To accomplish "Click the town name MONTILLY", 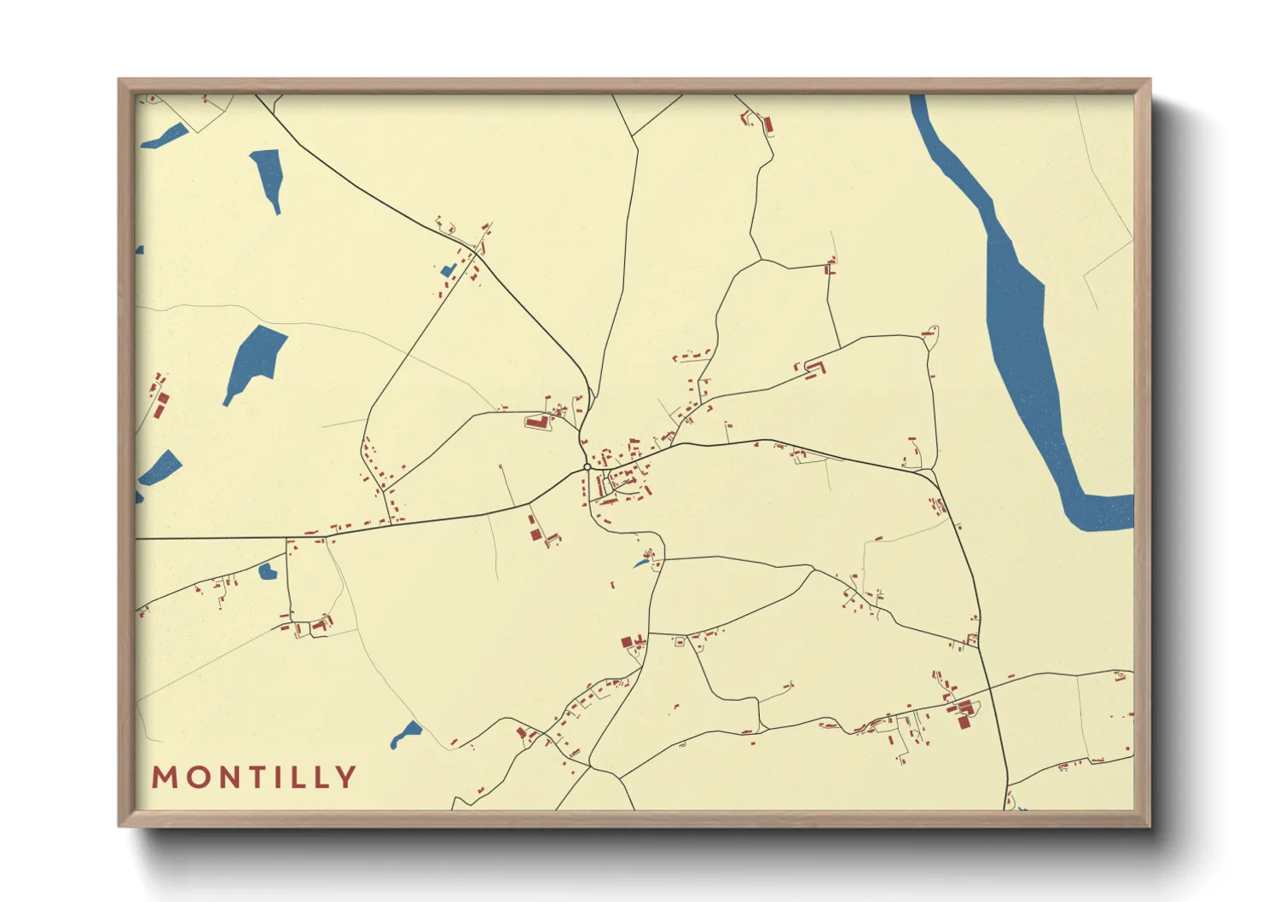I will (254, 777).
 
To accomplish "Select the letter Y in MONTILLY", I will (346, 777).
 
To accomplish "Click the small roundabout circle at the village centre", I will (587, 467).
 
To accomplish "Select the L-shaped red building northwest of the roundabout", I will (536, 421).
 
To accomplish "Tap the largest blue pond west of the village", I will (255, 358).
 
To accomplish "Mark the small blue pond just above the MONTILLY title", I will (406, 734).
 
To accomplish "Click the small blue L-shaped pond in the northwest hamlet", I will (448, 271).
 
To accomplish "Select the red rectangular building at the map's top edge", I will (767, 125).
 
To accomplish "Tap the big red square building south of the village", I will (627, 642).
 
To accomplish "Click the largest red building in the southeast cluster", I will (964, 722).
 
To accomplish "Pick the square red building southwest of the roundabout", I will (535, 534).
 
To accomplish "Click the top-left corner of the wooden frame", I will (120, 80).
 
